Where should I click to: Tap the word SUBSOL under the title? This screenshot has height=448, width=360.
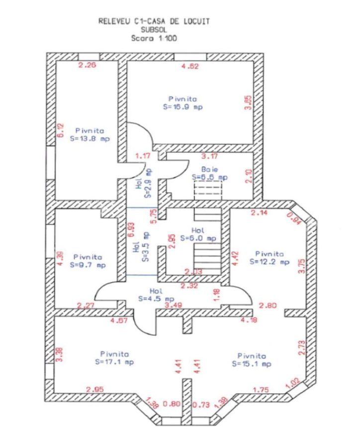(154, 29)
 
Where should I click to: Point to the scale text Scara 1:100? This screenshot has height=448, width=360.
(154, 37)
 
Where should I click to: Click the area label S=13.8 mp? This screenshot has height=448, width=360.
(90, 138)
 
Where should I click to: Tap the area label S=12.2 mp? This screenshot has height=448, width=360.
(270, 261)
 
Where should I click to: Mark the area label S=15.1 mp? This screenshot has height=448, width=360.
(251, 364)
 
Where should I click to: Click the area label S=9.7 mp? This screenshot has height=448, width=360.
(87, 265)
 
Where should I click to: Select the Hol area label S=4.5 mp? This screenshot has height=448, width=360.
(156, 299)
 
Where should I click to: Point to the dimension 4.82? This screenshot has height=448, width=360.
(190, 66)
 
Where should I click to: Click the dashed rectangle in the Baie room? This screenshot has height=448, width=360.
(207, 190)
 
